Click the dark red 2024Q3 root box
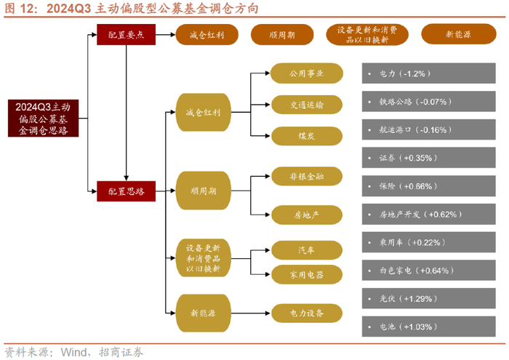(x=44, y=119)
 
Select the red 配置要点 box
(x=127, y=35)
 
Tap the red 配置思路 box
(x=127, y=191)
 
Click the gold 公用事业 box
(x=306, y=73)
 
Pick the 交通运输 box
(x=306, y=104)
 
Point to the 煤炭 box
(x=306, y=135)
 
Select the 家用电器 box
(x=306, y=274)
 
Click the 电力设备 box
(x=306, y=313)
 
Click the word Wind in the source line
(x=74, y=352)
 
